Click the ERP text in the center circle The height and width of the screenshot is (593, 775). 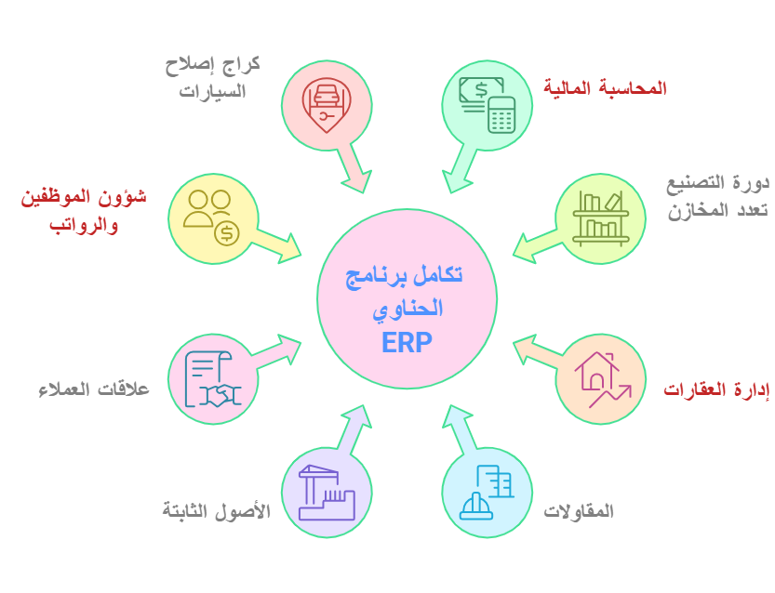tap(407, 342)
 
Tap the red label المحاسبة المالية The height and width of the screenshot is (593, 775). tap(605, 88)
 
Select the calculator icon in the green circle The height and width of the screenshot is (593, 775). tap(501, 114)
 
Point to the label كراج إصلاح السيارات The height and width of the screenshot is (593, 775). tap(212, 78)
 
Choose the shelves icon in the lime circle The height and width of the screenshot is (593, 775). tap(600, 218)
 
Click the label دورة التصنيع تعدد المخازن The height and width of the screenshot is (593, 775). tap(717, 197)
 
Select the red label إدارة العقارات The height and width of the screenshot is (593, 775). tap(716, 389)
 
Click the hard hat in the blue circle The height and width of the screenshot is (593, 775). tap(476, 507)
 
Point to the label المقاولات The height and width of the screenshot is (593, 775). tap(579, 510)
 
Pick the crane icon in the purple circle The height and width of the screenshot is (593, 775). tap(327, 493)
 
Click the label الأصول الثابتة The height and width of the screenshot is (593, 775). tap(217, 510)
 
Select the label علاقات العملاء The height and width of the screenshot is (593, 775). tap(94, 389)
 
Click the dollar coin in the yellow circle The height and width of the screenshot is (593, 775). tap(227, 233)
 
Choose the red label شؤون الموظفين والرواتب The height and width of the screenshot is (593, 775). tap(84, 210)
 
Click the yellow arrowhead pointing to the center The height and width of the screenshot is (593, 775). tap(288, 248)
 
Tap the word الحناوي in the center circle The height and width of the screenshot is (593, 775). tap(408, 310)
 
